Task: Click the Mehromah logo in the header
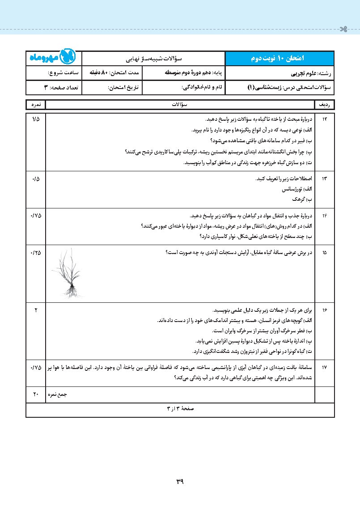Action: (54, 58)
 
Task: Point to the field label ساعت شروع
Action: (63, 72)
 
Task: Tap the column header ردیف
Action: (325, 105)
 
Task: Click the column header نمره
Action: (36, 105)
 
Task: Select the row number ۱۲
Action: (325, 119)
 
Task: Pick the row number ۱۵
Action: (325, 253)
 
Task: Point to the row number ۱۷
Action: (325, 367)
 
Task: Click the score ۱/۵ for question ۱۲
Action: (36, 119)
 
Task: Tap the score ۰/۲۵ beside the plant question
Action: (36, 253)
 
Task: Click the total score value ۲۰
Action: (36, 394)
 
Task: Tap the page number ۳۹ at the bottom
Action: (180, 482)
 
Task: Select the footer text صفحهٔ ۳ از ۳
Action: (180, 409)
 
